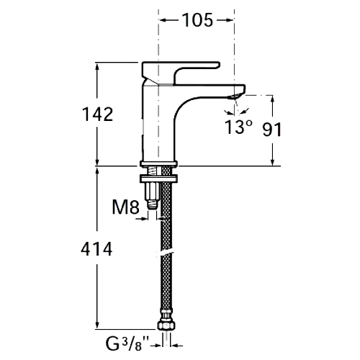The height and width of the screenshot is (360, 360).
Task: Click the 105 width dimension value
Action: (x=197, y=20)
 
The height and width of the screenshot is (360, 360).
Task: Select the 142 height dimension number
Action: (x=97, y=114)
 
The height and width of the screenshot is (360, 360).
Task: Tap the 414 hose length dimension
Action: (x=96, y=249)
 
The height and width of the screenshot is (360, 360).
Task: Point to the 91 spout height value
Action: (x=271, y=130)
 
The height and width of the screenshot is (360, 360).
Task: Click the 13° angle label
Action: (x=238, y=127)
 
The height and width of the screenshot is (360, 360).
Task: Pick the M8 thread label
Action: (x=126, y=207)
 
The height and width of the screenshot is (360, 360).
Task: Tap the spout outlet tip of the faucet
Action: (x=236, y=96)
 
